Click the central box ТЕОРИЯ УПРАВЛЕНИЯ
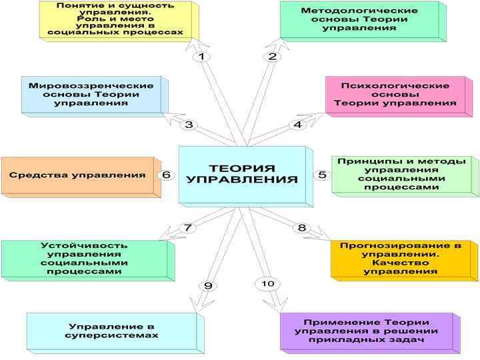click(241, 174)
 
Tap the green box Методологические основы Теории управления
click(359, 20)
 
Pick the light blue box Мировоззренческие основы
click(91, 95)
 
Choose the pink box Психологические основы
click(395, 95)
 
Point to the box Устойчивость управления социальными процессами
click(84, 259)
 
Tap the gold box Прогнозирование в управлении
click(400, 259)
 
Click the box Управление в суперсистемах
click(111, 331)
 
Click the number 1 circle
click(201, 57)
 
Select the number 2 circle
click(272, 57)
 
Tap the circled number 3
click(189, 125)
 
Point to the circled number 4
click(298, 125)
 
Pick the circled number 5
click(323, 175)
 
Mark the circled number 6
click(167, 175)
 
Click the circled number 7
click(188, 228)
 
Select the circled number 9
click(208, 286)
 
